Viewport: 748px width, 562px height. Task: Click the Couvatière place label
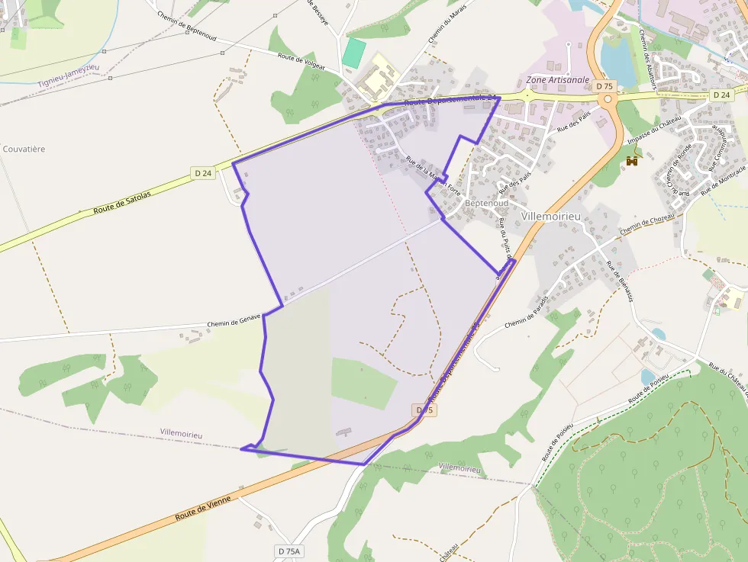[24, 149]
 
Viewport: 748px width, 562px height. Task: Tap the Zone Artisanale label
[558, 80]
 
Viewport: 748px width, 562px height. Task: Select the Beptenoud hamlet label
[486, 204]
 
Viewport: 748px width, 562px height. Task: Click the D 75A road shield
[289, 551]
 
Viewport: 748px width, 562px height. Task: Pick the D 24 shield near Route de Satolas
[203, 173]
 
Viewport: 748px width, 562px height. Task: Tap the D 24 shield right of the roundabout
[721, 95]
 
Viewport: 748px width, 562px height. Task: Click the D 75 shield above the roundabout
[605, 86]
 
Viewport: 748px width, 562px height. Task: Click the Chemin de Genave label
[234, 320]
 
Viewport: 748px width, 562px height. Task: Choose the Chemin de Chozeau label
[646, 224]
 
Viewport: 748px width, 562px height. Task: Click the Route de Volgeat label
[301, 61]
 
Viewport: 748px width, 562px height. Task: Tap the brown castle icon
[632, 161]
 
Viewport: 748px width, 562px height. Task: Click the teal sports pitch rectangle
[353, 53]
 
